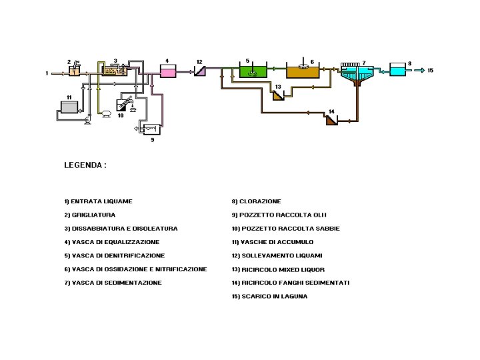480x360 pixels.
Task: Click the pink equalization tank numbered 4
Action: coord(167,71)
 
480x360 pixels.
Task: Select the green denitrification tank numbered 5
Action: coord(252,71)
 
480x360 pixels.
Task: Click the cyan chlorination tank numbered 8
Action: coord(397,69)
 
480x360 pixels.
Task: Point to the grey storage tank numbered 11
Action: coord(69,109)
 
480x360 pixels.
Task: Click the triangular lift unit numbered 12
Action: coord(199,71)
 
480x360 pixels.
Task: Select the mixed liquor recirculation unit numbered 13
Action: coord(278,95)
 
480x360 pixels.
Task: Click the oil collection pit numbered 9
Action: coord(152,129)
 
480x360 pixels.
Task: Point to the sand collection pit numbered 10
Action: coord(124,105)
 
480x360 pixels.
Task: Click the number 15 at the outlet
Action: coord(430,70)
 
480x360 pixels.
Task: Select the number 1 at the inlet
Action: coord(47,73)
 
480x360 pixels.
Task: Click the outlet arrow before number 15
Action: coord(419,70)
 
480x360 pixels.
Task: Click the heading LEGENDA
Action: coord(85,164)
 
